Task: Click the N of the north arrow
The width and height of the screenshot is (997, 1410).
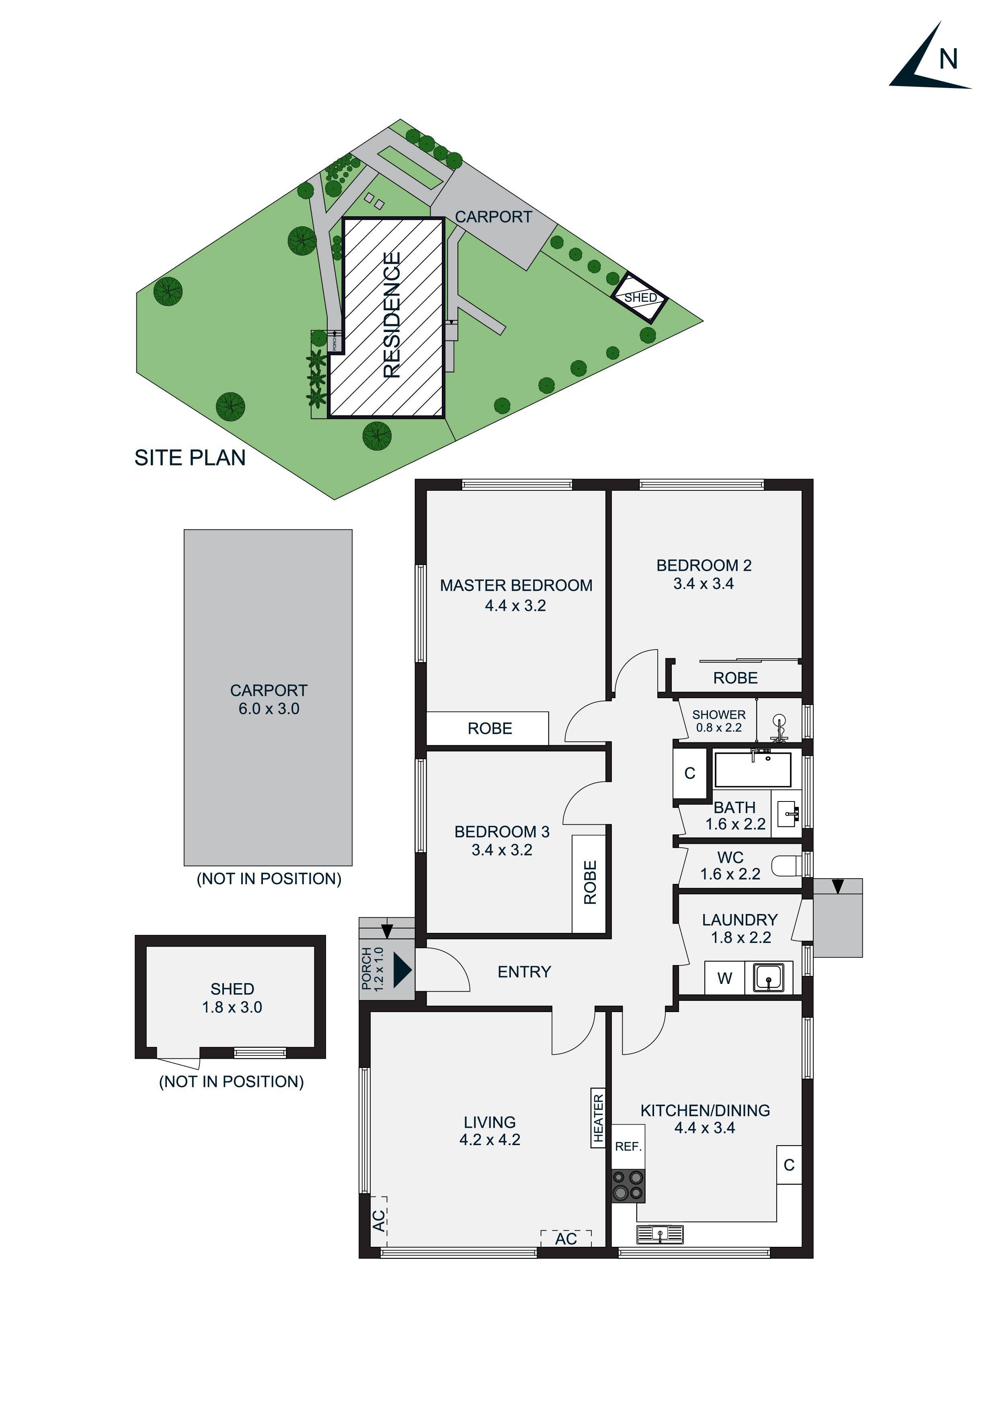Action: coord(948,59)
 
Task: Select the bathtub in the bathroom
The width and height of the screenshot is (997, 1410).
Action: coord(753,769)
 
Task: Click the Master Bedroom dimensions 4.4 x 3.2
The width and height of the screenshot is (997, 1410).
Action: coord(515,605)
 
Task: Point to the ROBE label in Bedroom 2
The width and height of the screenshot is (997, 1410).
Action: coord(735,678)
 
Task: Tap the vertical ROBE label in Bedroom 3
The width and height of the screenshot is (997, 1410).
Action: coord(590,883)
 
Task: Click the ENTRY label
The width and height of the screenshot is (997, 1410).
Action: coord(524,971)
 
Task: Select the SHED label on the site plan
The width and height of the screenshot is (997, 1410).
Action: coord(640,298)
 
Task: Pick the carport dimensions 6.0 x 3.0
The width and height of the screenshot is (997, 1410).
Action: coord(269,709)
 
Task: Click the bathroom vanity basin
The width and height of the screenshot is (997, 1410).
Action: coord(787,814)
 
